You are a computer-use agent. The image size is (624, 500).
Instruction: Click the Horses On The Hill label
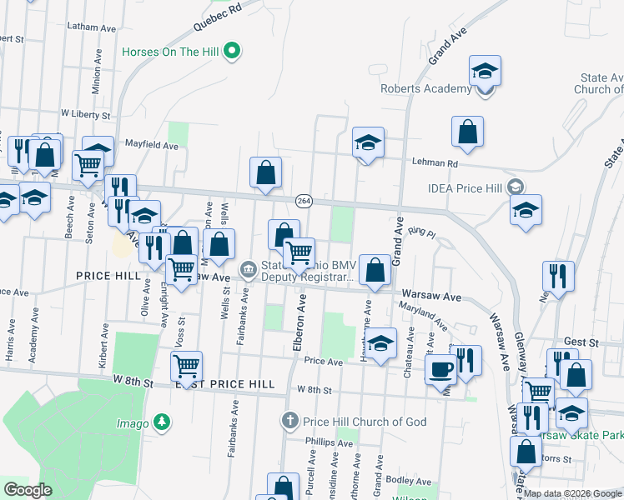coord(170,52)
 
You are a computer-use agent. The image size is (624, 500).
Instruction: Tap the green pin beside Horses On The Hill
coord(234,52)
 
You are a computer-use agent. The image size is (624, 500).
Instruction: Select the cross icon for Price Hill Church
coord(289,420)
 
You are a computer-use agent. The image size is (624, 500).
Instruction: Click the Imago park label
coord(137,423)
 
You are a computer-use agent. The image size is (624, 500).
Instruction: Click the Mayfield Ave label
coord(152,145)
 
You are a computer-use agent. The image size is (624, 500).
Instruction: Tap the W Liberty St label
coord(85,113)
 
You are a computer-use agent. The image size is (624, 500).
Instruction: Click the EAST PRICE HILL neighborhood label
coord(224,384)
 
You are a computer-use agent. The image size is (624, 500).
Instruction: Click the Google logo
coord(28,489)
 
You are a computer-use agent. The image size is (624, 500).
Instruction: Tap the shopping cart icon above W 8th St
coord(186,365)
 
